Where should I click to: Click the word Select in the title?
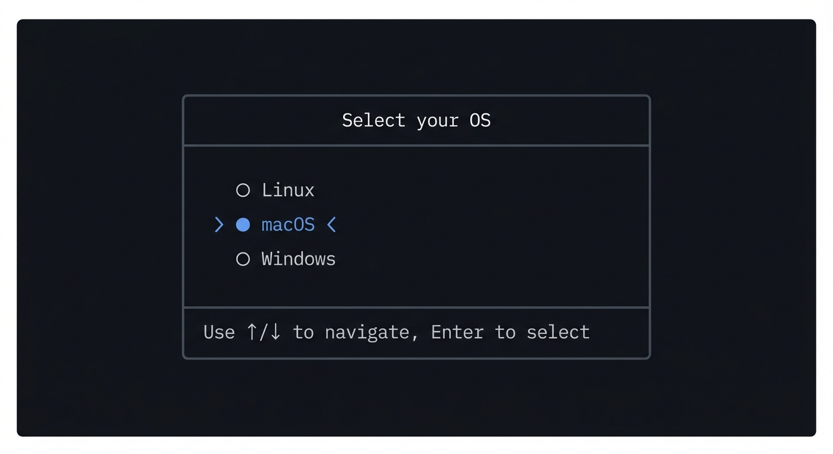tap(373, 121)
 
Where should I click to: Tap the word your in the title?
tap(437, 121)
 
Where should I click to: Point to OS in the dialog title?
tap(480, 121)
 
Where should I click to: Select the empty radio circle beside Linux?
tap(243, 190)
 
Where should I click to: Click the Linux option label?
tap(288, 190)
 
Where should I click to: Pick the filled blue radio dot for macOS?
tap(243, 225)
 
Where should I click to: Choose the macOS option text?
tap(288, 225)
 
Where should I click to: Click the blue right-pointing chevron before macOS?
tap(219, 225)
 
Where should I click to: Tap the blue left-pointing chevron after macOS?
tap(331, 225)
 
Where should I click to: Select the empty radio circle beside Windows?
tap(243, 259)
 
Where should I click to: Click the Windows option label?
tap(298, 259)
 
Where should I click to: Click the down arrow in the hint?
tap(275, 332)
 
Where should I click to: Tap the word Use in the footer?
tap(219, 332)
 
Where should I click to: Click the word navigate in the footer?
tap(367, 333)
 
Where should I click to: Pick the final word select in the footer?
tap(558, 332)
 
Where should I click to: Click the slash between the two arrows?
tap(264, 332)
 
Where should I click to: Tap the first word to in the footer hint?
tap(303, 332)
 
